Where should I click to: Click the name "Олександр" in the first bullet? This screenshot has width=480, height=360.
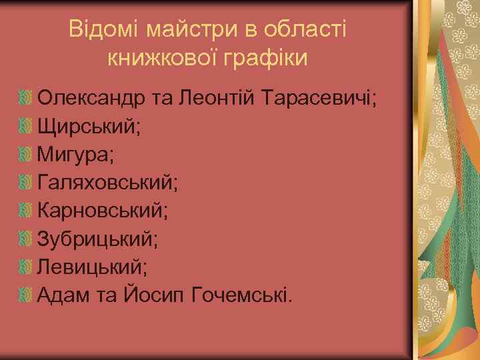91,99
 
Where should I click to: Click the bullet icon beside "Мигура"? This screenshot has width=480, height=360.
25,155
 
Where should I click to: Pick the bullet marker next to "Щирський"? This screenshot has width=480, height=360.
25,127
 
